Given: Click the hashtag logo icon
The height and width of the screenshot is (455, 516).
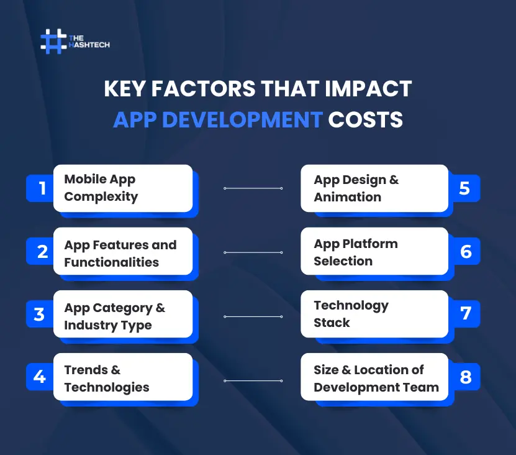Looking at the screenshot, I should pos(53,41).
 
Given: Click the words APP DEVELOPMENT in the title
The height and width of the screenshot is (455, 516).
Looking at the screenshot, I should pos(217,119).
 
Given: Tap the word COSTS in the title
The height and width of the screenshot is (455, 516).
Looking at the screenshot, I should pos(365,119).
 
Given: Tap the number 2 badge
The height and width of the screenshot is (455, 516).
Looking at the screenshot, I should pos(42,252).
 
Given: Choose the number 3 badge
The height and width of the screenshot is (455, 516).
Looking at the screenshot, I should pos(40,315).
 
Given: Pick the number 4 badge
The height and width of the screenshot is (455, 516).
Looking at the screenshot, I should pos(40,377).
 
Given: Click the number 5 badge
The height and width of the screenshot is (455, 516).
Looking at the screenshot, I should pos(464,188).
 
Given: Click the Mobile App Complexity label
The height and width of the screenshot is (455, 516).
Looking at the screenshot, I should pos(101,188).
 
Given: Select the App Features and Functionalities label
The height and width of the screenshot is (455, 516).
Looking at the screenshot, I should pos(120,254).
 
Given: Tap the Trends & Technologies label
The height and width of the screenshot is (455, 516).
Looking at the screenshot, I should pos(106,379).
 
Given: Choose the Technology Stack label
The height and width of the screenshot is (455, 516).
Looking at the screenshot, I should pos(350,314).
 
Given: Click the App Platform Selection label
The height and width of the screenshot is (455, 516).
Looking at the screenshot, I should pos(355,252).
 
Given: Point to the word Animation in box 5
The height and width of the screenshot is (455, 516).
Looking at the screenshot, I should pos(347,197).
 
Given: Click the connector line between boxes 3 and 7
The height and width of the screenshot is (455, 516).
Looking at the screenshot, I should pos(253,316).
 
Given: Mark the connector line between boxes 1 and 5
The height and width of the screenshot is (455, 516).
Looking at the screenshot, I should pos(253,188).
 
